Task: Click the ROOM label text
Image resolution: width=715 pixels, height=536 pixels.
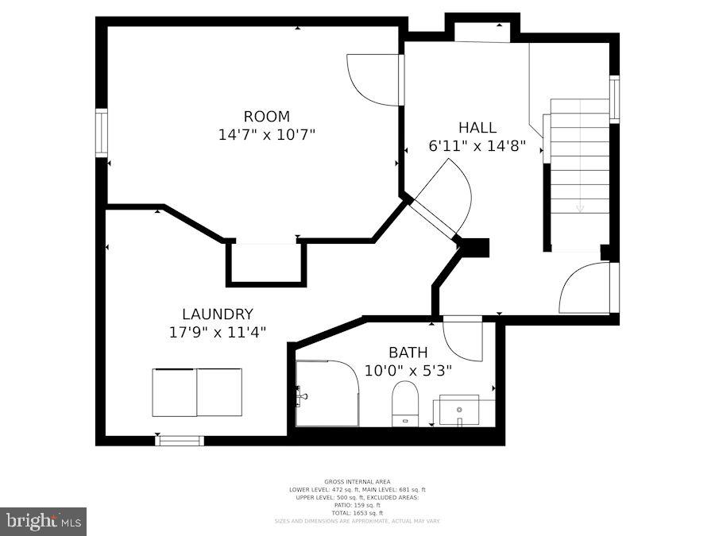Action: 266,116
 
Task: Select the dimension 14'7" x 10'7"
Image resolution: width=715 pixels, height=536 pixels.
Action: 266,135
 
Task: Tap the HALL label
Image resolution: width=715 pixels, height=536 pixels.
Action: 477,127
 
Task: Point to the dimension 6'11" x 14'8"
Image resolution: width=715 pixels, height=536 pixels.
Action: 477,146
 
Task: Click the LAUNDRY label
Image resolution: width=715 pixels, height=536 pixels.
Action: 217,314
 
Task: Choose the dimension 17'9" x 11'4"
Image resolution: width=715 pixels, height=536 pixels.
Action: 217,333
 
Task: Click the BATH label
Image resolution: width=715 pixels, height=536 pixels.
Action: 408,352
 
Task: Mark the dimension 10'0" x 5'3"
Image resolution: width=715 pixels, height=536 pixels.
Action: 408,370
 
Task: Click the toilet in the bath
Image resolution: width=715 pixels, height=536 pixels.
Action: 405,403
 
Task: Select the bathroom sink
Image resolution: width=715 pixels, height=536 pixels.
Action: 459,410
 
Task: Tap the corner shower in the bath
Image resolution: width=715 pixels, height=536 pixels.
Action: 327,393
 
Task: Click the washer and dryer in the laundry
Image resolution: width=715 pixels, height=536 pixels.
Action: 197,392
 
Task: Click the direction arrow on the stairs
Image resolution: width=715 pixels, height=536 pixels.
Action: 580,208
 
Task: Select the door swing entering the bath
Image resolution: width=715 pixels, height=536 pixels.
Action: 462,338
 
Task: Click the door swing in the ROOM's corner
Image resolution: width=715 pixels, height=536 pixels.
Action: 373,79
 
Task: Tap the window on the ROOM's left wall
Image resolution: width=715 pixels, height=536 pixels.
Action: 101,133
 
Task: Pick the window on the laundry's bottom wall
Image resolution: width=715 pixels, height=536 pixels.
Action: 180,440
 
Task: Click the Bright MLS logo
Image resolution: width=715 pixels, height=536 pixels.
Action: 43,521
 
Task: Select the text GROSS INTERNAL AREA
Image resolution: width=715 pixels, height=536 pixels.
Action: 357,482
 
